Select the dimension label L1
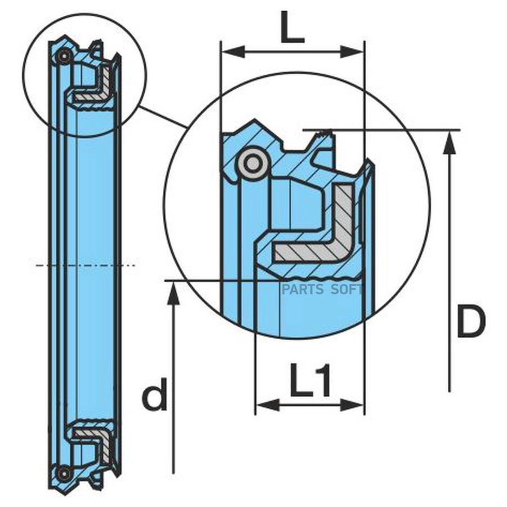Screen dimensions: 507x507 point(311,381)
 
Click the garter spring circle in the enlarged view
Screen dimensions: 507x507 point(252,163)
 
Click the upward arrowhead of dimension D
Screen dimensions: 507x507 point(449,144)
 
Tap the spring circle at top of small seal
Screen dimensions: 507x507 point(64,56)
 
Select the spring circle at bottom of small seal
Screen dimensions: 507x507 point(65,473)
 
